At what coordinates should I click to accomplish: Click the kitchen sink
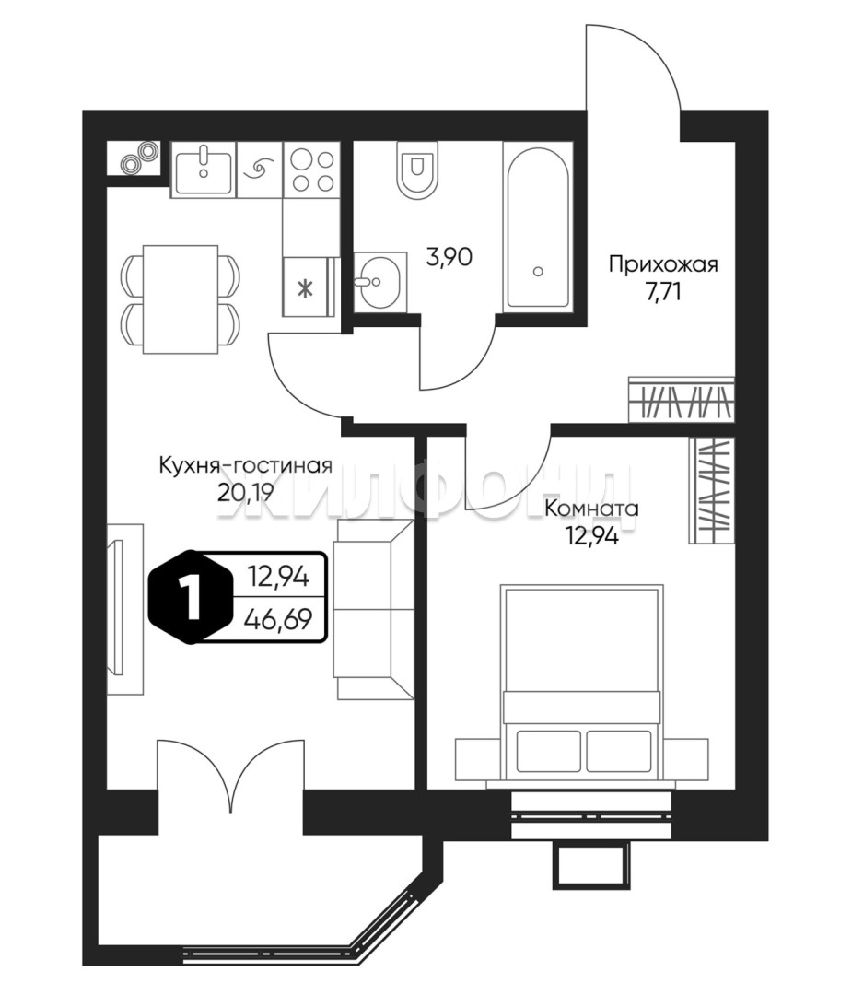(x=204, y=170)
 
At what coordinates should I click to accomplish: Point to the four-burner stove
(x=311, y=170)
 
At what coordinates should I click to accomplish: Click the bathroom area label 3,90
(x=450, y=258)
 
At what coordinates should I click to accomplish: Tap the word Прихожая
(x=662, y=265)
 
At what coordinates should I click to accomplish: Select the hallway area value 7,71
(x=662, y=294)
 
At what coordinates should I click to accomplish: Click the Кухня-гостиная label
(x=245, y=465)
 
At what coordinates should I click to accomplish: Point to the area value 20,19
(x=245, y=492)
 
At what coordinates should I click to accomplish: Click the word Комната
(x=591, y=508)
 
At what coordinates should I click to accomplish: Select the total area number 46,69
(x=276, y=620)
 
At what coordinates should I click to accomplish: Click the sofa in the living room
(x=373, y=608)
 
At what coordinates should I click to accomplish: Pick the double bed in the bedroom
(x=582, y=682)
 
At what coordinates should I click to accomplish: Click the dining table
(x=181, y=298)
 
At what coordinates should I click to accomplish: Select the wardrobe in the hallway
(x=682, y=400)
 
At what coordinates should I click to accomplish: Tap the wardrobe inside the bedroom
(x=712, y=489)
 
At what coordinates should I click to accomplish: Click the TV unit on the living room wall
(x=123, y=608)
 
